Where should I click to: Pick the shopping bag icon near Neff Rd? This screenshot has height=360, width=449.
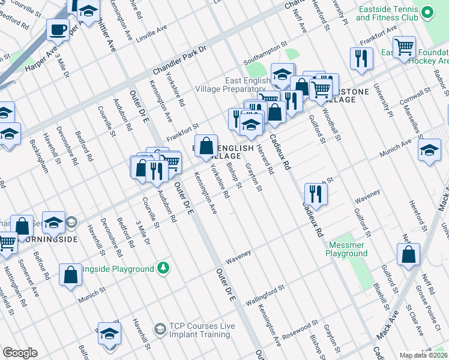point(408,253)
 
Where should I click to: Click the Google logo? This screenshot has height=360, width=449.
point(20,353)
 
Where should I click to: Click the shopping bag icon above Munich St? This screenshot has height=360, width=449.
point(70,274)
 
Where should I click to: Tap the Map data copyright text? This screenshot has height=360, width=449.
point(424,355)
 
